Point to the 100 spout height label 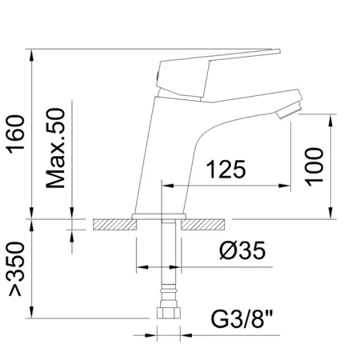pyautogui.click(x=315, y=166)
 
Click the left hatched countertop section pyautogui.click(x=112, y=226)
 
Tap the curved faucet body pyautogui.click(x=172, y=152)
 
